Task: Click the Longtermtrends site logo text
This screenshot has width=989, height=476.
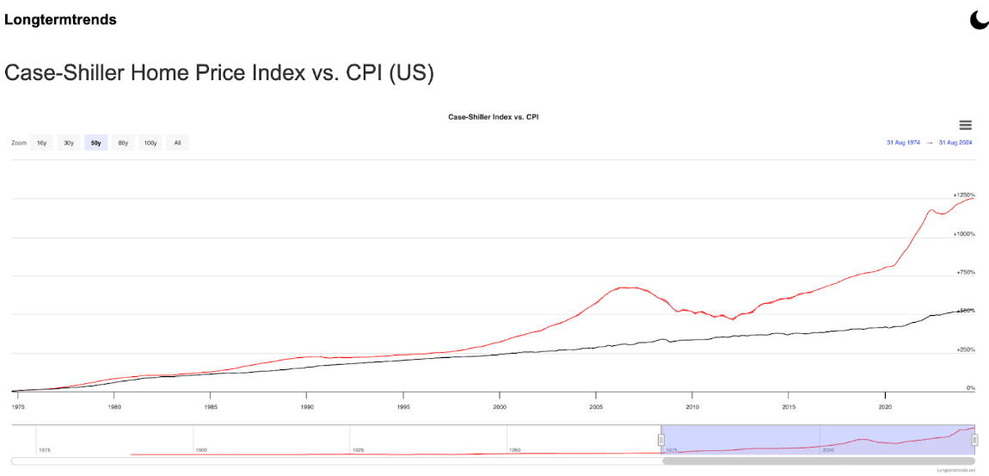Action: (60, 19)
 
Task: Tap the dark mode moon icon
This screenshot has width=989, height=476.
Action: (979, 20)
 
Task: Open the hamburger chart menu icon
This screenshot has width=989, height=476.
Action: (965, 126)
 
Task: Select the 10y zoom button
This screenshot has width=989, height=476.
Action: (41, 143)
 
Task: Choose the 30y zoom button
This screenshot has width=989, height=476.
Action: (68, 143)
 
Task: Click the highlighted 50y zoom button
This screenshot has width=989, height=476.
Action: (95, 143)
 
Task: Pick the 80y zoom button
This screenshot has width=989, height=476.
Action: (123, 143)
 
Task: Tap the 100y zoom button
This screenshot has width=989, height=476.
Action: (150, 143)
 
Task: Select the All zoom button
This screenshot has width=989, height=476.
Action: (177, 143)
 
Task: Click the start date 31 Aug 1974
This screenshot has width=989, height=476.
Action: (903, 143)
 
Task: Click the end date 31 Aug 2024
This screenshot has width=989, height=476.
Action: (955, 143)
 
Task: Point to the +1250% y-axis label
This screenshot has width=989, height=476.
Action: (963, 195)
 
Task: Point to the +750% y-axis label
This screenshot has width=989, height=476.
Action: (965, 272)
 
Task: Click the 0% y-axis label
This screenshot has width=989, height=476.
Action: (970, 388)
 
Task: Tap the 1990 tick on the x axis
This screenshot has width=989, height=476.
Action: (306, 405)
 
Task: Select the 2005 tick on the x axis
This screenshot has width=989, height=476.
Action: (595, 405)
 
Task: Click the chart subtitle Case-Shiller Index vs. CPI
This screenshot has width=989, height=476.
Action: (493, 116)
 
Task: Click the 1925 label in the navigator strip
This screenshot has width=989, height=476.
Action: (358, 450)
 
